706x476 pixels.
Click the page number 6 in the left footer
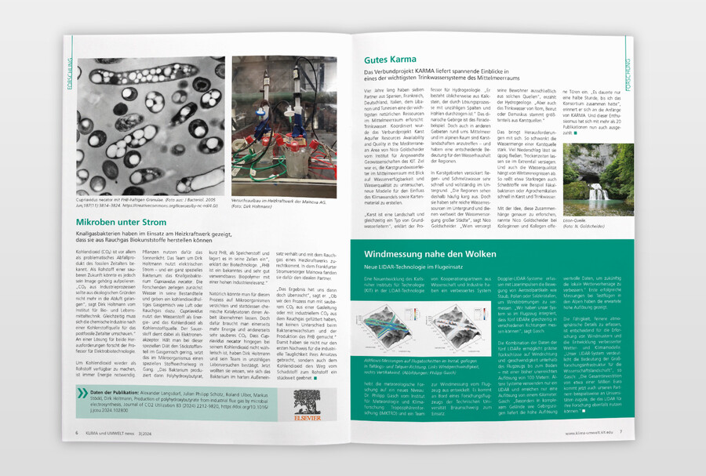(76, 431)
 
